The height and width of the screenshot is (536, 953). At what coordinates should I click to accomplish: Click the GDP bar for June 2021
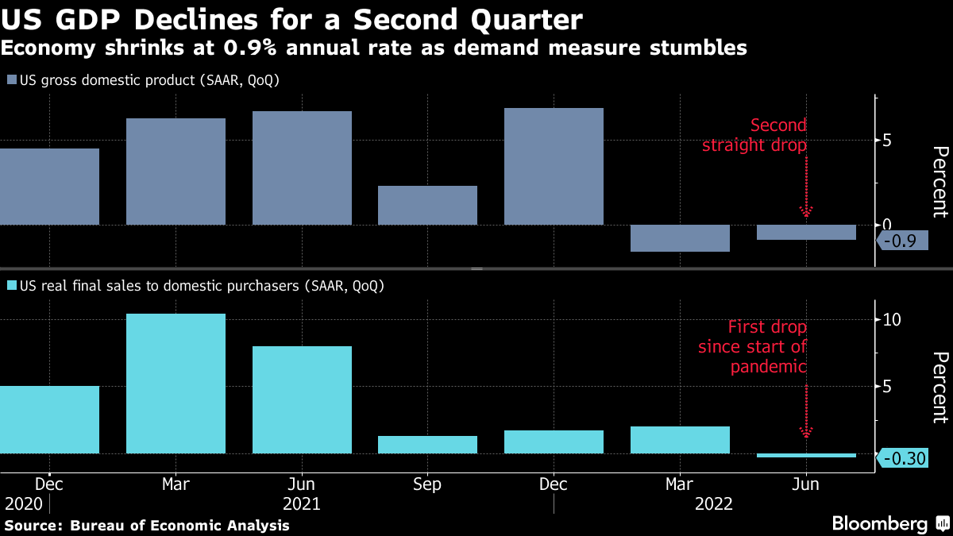[x=302, y=168]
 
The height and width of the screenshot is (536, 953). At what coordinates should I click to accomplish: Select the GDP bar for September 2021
[x=427, y=205]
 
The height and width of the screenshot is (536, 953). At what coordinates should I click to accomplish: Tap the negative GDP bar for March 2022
[x=680, y=238]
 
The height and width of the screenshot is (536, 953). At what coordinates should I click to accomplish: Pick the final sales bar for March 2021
[x=176, y=384]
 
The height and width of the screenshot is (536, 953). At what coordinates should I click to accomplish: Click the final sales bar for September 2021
[x=427, y=445]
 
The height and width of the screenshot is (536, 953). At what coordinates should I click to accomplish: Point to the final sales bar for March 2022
[x=680, y=440]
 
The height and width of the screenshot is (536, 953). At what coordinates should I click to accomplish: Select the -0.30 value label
[x=904, y=458]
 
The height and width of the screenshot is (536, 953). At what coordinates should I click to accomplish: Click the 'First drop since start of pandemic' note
[x=753, y=347]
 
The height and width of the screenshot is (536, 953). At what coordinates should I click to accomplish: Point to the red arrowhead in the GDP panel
[x=807, y=211]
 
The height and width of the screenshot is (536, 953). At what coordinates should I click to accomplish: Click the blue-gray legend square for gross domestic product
[x=11, y=80]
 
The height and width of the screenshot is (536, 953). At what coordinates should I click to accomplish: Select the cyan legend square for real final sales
[x=11, y=286]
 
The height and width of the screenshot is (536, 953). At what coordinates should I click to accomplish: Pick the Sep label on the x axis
[x=427, y=484]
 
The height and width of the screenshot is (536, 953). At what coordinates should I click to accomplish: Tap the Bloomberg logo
[x=887, y=524]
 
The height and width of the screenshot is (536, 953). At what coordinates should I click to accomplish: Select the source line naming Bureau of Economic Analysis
[x=147, y=526]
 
